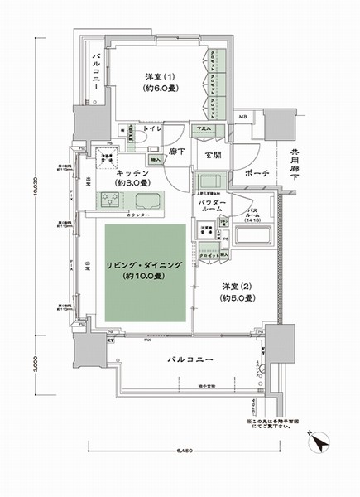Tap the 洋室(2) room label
pyautogui.click(x=236, y=292)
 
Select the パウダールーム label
pyautogui.click(x=212, y=207)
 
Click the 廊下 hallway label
pyautogui.click(x=175, y=155)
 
